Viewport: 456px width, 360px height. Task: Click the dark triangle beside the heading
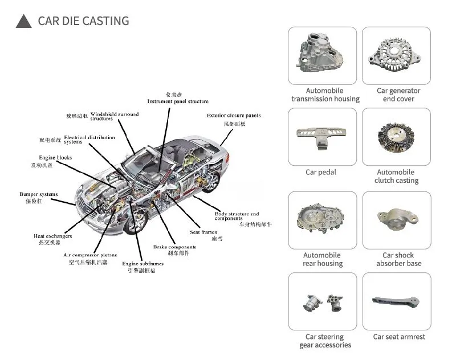(x=23, y=22)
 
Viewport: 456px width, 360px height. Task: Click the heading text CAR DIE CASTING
(x=83, y=22)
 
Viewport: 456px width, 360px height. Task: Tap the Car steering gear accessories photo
(x=323, y=302)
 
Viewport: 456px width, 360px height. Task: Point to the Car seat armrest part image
(x=398, y=302)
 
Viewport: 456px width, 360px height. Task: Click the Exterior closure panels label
(x=233, y=116)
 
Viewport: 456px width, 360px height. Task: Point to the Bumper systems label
(x=38, y=194)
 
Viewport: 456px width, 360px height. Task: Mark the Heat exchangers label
(x=52, y=236)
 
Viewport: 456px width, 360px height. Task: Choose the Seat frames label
(x=203, y=232)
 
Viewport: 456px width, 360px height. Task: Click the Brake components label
(x=174, y=247)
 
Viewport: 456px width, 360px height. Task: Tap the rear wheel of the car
(x=211, y=181)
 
